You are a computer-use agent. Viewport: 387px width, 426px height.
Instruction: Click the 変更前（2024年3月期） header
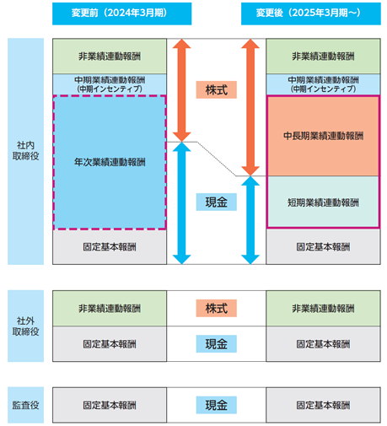[121, 13]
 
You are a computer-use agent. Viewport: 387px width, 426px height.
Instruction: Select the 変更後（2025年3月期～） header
[311, 13]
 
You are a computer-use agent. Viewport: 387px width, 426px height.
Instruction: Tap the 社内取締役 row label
[25, 151]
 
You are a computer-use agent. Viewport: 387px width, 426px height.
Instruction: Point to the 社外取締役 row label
[25, 326]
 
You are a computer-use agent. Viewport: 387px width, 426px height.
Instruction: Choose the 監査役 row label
[25, 405]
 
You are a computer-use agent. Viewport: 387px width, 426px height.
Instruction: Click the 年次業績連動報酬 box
[110, 162]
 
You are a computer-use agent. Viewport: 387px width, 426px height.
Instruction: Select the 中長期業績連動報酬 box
[323, 136]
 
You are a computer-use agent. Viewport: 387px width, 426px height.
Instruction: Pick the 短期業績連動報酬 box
[323, 202]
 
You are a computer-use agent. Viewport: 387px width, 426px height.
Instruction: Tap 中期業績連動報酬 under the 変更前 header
[110, 84]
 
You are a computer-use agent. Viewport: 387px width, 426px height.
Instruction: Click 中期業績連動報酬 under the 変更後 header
[323, 84]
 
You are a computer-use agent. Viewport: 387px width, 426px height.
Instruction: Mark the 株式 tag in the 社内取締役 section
[217, 89]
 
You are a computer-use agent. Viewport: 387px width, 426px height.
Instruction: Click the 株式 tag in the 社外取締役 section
[217, 308]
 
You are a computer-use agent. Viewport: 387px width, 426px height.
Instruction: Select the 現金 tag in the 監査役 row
[217, 405]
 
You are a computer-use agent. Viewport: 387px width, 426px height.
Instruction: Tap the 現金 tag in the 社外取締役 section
[217, 343]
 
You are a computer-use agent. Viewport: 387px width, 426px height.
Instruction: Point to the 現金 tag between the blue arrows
[217, 202]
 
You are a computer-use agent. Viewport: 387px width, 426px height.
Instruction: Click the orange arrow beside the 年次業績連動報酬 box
[182, 90]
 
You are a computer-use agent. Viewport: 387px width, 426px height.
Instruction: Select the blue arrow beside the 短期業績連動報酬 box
[250, 220]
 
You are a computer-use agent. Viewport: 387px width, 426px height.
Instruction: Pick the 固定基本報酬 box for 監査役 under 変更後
[323, 405]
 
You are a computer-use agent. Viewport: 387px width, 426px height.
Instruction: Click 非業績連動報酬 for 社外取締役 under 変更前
[110, 308]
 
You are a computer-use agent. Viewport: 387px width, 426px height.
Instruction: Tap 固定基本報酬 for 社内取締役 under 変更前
[110, 247]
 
